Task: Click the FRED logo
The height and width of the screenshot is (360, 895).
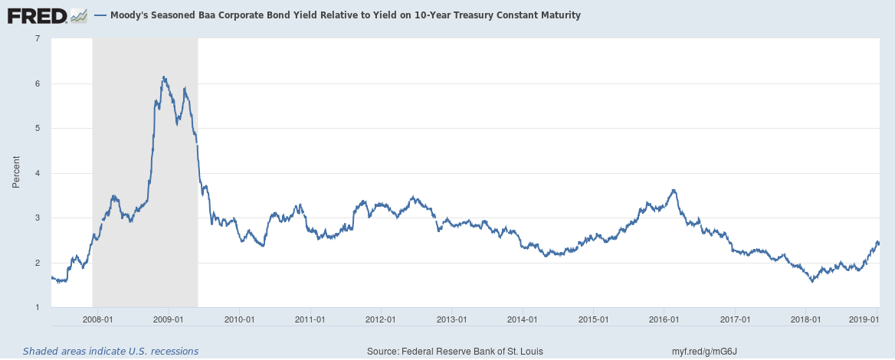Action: [46, 15]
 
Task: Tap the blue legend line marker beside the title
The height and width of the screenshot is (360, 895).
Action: [100, 15]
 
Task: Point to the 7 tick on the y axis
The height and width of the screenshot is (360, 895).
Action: [37, 39]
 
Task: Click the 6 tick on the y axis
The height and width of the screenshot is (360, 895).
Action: [37, 83]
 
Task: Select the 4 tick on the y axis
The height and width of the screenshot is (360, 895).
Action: [37, 173]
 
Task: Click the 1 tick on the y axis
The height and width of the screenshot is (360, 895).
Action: [37, 308]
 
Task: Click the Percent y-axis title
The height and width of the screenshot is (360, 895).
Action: [16, 173]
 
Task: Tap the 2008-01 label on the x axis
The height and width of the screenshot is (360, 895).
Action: [98, 319]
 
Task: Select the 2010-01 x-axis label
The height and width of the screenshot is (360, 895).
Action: [239, 319]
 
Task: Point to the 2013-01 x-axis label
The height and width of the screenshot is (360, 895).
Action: [451, 319]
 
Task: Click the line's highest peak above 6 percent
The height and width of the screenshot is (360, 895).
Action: [163, 77]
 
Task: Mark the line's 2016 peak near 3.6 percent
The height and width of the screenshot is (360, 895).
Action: [674, 190]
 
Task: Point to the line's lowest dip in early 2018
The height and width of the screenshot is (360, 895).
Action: [812, 281]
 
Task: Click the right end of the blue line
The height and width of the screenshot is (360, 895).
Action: [879, 244]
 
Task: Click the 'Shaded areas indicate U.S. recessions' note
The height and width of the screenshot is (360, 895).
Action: [110, 351]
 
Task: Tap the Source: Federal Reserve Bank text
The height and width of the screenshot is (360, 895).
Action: [455, 351]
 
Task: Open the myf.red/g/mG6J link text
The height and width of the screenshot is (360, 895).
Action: [703, 351]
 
